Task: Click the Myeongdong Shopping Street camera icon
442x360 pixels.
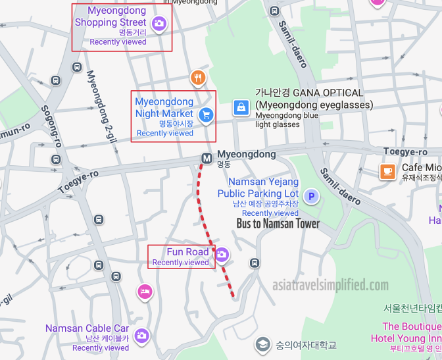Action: tap(159, 24)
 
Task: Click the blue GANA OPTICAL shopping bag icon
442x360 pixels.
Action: tap(241, 107)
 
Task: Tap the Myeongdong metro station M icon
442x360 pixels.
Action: tap(207, 158)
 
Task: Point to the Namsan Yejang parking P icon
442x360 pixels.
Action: tap(311, 195)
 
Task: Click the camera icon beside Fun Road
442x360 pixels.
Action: tap(222, 255)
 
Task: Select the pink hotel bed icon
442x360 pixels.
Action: tap(145, 291)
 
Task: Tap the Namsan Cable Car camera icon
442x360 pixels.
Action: tap(141, 336)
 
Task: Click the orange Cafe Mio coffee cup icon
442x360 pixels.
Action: tap(387, 172)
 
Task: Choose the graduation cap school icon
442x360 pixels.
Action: tap(263, 344)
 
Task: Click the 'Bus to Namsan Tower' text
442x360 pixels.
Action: tap(278, 224)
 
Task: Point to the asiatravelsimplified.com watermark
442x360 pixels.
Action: tap(331, 285)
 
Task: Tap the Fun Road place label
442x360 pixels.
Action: tap(187, 252)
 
